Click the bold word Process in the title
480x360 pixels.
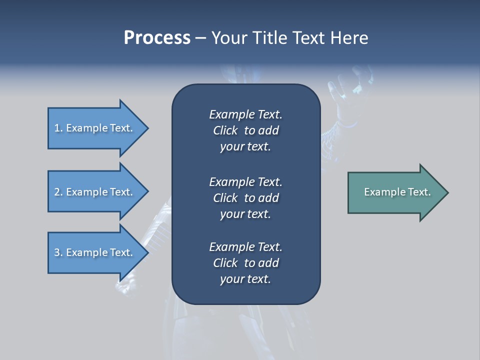pos(157,38)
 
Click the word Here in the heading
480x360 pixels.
pos(349,38)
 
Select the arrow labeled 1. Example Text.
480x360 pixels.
pos(95,128)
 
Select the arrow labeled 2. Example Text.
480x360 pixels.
pos(95,192)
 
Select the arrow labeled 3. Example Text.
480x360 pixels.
pos(95,252)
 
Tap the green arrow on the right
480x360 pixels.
pos(395,192)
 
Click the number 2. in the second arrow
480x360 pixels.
pos(58,192)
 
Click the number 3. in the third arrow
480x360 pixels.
pos(58,252)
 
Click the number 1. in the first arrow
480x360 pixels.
pos(58,128)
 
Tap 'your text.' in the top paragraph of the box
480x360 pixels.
pos(245,147)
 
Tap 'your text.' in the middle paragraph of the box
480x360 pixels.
pos(245,214)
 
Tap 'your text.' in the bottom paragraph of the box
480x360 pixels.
pos(245,279)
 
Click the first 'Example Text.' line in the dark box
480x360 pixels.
pos(245,114)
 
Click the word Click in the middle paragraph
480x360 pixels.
pos(225,198)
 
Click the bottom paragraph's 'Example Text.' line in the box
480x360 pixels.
pos(245,247)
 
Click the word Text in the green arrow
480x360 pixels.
pos(419,192)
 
